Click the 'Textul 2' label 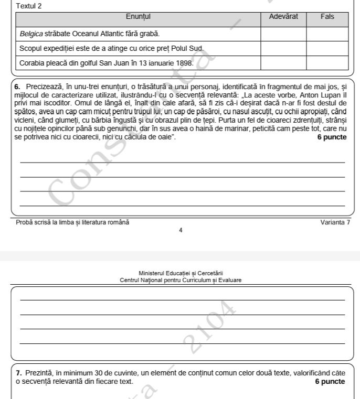pos(29,6)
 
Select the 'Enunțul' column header pos(138,17)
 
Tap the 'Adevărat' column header pos(283,17)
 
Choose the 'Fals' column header pos(327,17)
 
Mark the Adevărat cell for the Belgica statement pos(283,34)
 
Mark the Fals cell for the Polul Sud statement pos(327,49)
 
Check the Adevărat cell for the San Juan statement pos(283,63)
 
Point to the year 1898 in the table pos(184,63)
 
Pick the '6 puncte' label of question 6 pos(331,137)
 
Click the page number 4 pos(181,230)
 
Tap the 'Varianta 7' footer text pos(335,222)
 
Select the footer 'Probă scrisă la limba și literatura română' pos(72,222)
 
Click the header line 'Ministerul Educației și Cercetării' pos(181,273)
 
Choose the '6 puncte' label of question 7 pos(330,381)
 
